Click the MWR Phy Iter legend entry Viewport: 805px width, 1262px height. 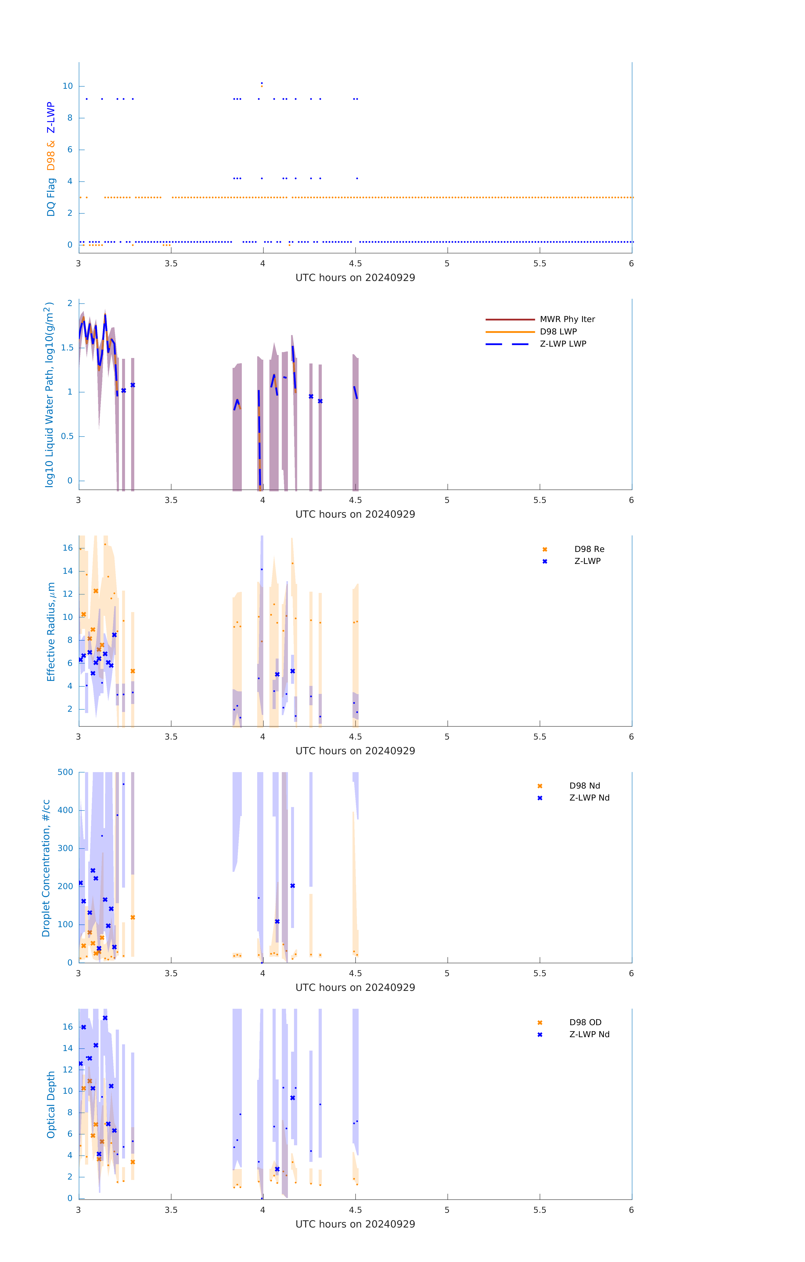(567, 319)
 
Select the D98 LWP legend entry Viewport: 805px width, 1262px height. (558, 332)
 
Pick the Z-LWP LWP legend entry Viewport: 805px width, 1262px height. (563, 344)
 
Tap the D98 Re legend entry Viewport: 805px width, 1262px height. (589, 549)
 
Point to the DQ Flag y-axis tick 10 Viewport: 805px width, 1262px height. (68, 86)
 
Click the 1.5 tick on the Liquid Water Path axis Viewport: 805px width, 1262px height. (67, 347)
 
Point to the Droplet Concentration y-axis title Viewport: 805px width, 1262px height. (46, 868)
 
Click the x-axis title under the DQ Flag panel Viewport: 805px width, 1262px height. (355, 278)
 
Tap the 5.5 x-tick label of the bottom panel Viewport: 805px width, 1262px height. (540, 1210)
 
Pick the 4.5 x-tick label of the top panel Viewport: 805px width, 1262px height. (355, 264)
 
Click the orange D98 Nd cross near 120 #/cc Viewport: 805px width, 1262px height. (133, 917)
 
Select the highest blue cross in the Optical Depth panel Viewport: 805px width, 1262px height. (105, 1018)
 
